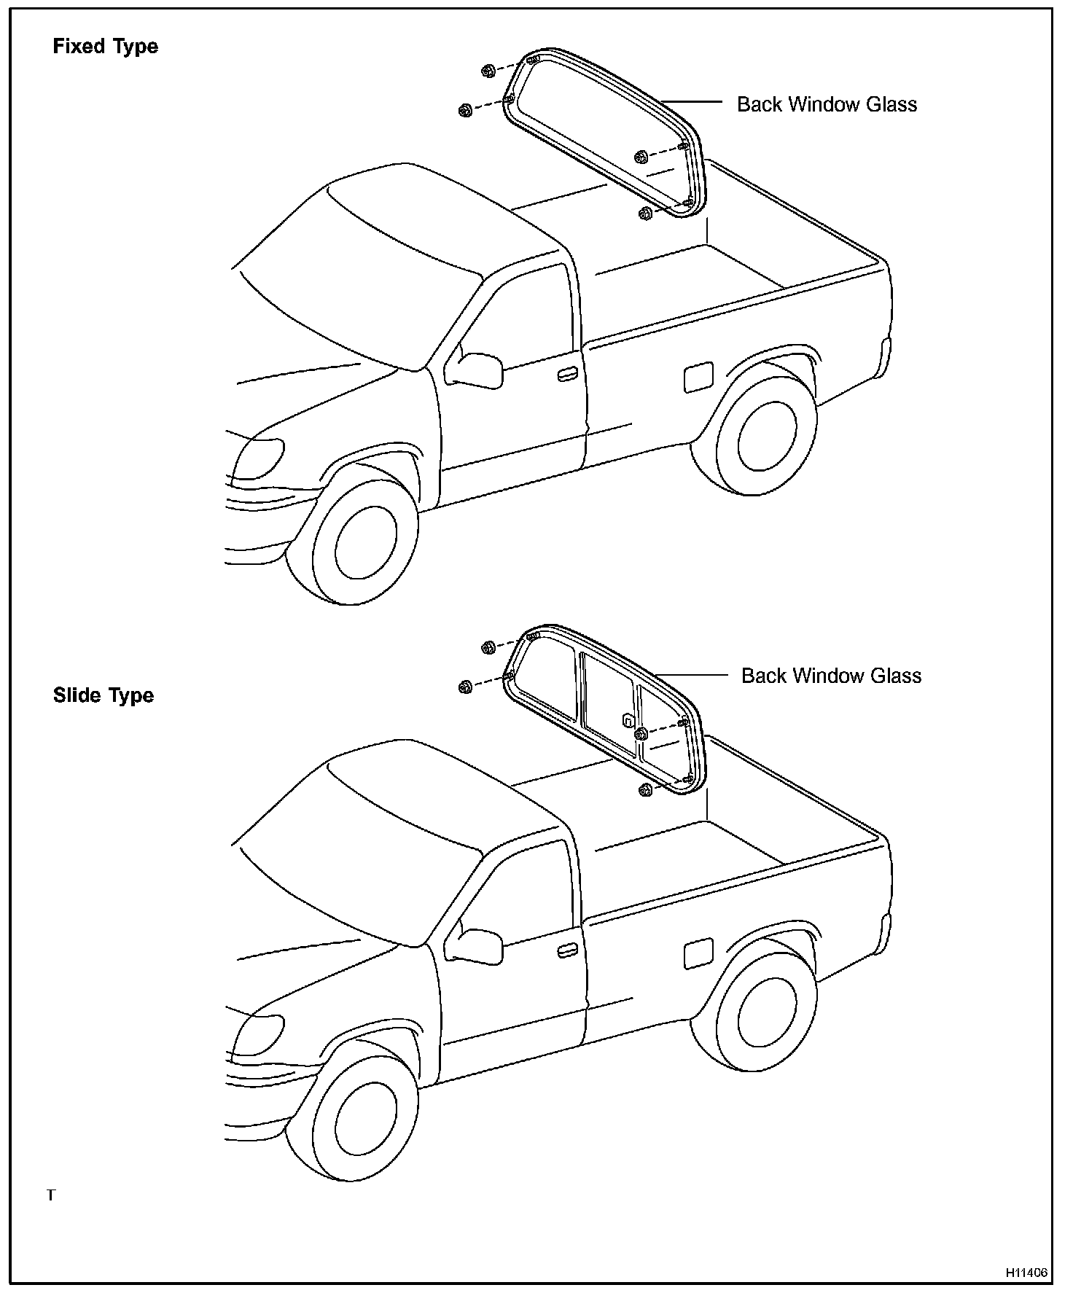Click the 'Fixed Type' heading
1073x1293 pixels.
point(105,47)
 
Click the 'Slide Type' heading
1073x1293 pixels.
point(104,695)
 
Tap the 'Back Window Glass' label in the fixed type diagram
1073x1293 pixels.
point(827,104)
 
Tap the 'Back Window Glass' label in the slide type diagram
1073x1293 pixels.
point(831,676)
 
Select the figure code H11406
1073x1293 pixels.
point(1026,1273)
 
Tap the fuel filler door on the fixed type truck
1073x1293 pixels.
point(698,376)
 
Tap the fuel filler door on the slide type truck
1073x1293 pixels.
point(698,953)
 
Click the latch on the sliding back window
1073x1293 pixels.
point(627,720)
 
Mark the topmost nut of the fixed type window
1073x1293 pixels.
point(488,71)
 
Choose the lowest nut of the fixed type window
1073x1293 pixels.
point(644,214)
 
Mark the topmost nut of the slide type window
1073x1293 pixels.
point(488,647)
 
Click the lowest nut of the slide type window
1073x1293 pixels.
point(644,790)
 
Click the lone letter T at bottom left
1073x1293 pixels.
point(51,1195)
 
